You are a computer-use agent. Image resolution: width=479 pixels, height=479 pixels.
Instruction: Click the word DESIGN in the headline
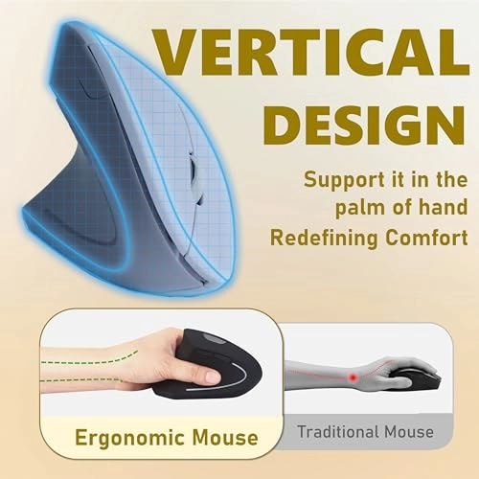[x=362, y=125]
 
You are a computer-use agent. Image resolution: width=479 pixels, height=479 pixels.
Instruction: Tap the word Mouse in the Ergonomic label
[x=217, y=439]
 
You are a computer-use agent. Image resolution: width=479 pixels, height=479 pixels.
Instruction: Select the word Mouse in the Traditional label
[x=413, y=432]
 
